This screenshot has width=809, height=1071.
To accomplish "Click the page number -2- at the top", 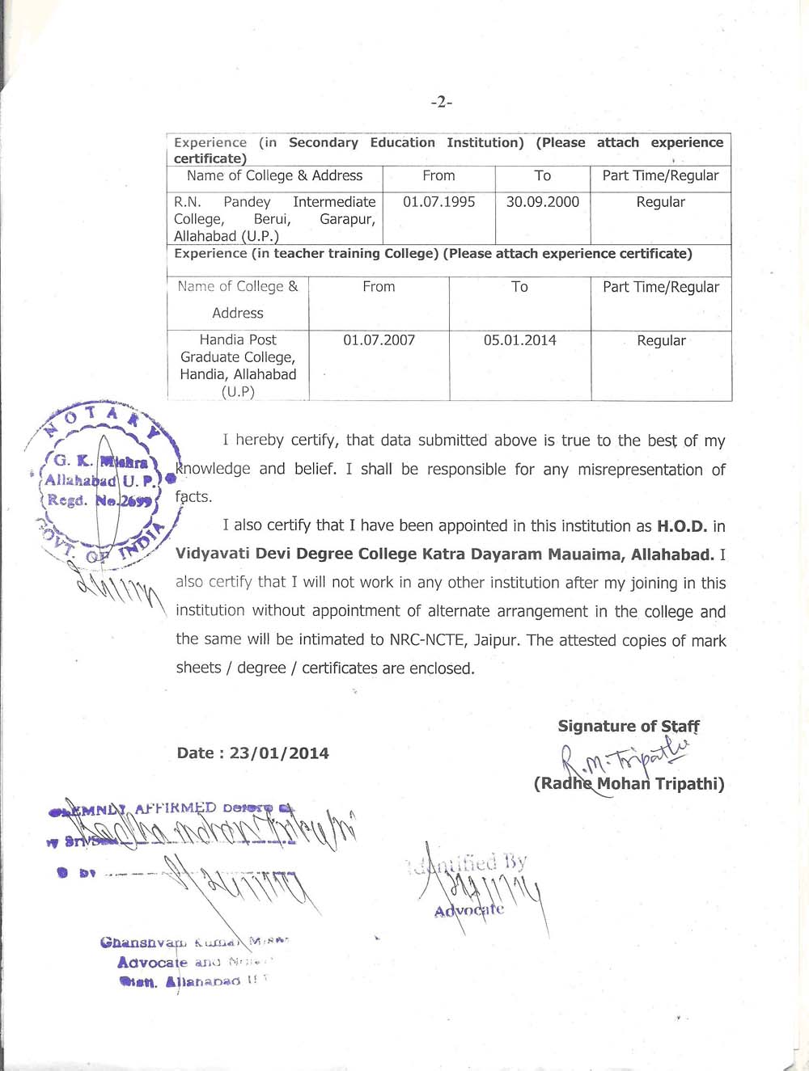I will [x=441, y=102].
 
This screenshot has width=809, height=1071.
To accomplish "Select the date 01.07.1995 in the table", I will [x=438, y=202].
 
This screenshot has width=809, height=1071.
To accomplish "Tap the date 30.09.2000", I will [x=542, y=202].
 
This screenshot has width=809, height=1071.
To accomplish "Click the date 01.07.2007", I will [x=379, y=340].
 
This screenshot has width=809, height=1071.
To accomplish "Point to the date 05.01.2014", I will [x=519, y=340].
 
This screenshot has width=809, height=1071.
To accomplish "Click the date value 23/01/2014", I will [x=279, y=753].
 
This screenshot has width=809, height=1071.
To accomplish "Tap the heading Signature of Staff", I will [x=629, y=726].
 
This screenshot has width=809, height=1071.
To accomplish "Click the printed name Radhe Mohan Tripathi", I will [x=629, y=783].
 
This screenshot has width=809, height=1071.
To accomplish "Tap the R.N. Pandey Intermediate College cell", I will [x=274, y=218].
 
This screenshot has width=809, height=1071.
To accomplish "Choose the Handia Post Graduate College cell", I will [x=238, y=365].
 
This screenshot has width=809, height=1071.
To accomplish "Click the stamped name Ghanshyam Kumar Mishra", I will [x=194, y=942].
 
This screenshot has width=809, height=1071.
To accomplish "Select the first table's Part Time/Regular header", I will [x=660, y=175].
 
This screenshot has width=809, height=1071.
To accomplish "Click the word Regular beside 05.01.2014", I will [x=661, y=340].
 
